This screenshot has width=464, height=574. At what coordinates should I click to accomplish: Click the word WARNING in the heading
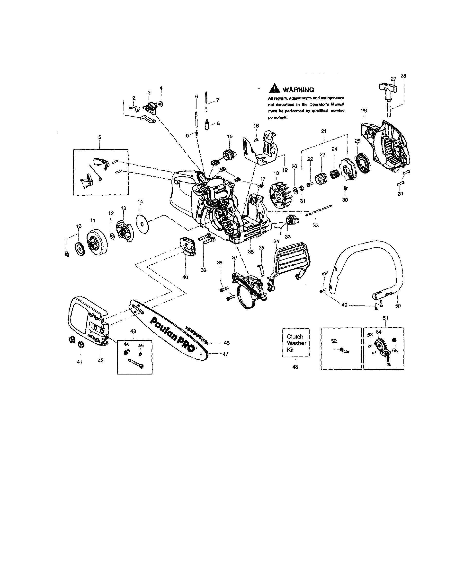tap(298, 90)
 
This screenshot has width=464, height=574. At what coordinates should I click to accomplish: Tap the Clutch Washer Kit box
tap(296, 343)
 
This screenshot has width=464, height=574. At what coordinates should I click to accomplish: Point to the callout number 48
tap(295, 367)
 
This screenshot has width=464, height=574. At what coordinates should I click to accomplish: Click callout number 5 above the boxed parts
tap(100, 137)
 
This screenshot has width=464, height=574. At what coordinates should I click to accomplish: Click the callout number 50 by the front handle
tap(398, 306)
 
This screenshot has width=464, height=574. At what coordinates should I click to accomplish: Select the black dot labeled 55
tap(394, 340)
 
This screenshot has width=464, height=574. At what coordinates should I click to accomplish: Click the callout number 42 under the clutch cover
tap(100, 361)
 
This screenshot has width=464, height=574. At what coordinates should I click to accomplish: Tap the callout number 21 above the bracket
tap(324, 131)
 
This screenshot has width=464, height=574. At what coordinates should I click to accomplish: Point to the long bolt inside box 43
tap(136, 363)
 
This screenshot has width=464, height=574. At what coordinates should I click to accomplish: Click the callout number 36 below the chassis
tap(250, 252)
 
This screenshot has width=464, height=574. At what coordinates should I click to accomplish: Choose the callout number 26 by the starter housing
tap(364, 110)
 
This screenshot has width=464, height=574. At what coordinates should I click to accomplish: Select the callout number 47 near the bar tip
tap(225, 354)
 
